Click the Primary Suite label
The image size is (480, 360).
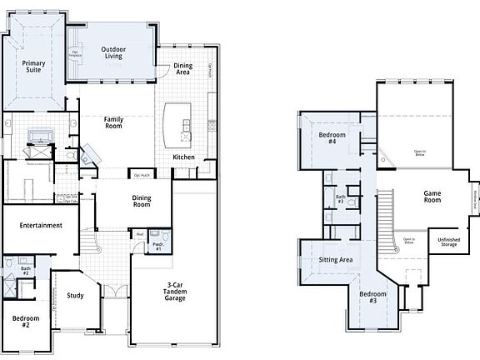tap(34, 67)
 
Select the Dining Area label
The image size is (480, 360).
tap(183, 69)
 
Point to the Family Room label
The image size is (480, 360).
tap(114, 123)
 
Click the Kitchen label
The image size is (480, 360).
tap(184, 157)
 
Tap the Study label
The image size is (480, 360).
tap(75, 296)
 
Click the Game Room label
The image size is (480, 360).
tap(432, 197)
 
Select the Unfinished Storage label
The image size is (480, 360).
tap(449, 242)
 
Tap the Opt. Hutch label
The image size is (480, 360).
tap(142, 176)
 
